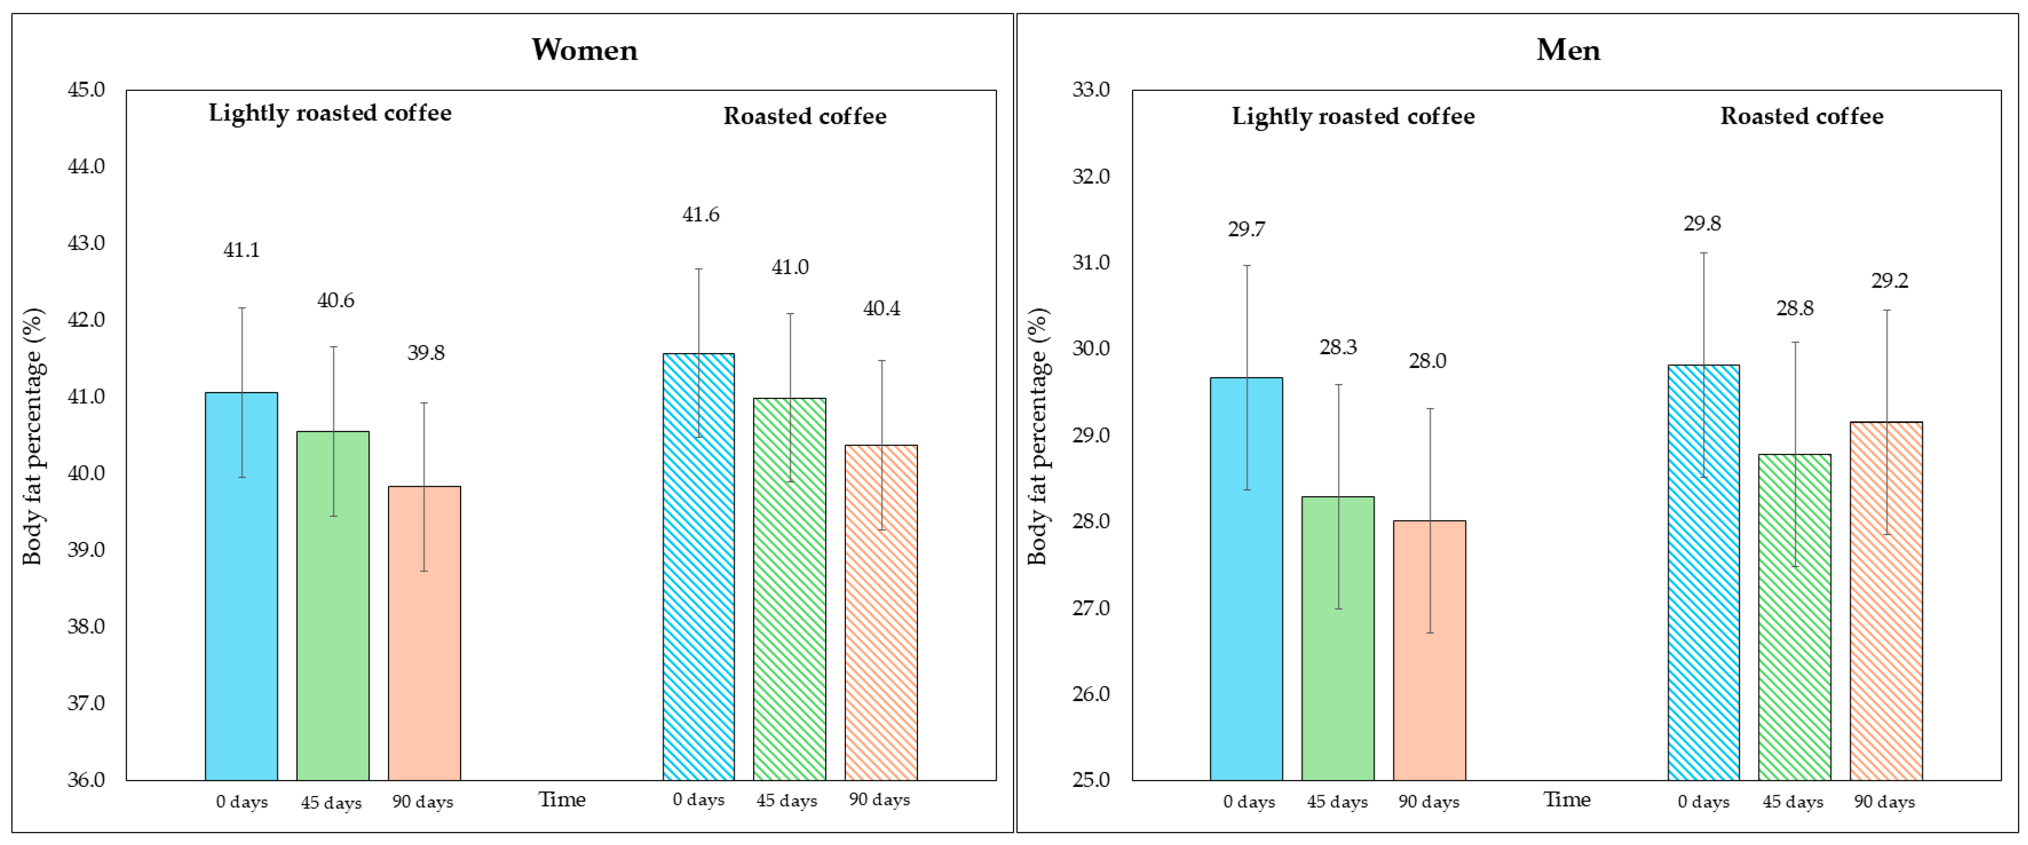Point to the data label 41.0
click(x=790, y=268)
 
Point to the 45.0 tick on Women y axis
click(x=86, y=90)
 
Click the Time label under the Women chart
click(x=561, y=800)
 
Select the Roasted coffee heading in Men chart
click(x=1801, y=116)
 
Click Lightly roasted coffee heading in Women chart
click(x=330, y=113)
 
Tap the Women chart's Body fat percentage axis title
click(x=32, y=436)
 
